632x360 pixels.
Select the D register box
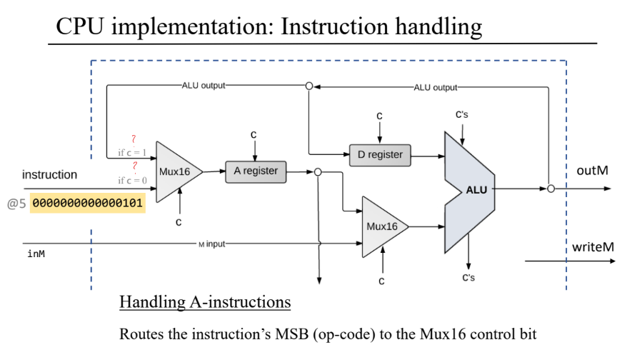(379, 154)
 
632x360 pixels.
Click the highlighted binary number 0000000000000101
(88, 204)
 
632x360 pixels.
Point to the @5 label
(16, 204)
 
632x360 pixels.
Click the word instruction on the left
(50, 174)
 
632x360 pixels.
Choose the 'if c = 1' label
(132, 152)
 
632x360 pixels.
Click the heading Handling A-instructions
(205, 302)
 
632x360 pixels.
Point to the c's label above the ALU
(463, 114)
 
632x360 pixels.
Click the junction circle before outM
(551, 189)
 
